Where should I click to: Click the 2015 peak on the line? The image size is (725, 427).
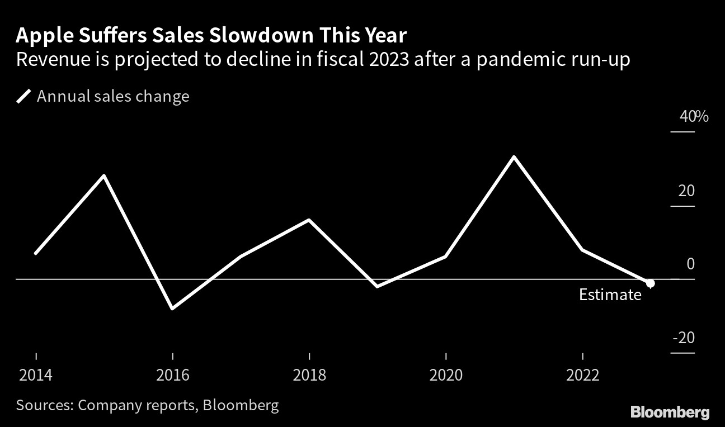pos(104,176)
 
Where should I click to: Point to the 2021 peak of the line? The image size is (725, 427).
pos(514,157)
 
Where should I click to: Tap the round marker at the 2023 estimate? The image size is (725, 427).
pos(650,283)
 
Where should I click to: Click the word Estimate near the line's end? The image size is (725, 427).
pos(610,295)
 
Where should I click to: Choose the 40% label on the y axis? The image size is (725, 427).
pos(694,117)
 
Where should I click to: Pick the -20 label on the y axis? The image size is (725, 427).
pos(683,338)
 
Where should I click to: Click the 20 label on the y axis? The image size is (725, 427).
pos(686,191)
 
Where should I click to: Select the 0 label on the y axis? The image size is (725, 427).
pos(690,264)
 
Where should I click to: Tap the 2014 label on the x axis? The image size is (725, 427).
pos(36,374)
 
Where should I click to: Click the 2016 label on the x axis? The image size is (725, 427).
pos(172,374)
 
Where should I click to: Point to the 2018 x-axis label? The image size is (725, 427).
pos(309,374)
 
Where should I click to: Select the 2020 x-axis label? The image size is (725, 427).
pos(446,374)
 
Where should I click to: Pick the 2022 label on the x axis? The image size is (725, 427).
pos(582,374)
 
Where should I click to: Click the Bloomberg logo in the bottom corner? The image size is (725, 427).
pos(670,413)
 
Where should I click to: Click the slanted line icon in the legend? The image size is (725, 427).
pos(23,97)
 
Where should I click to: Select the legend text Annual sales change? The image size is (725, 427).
pos(113,97)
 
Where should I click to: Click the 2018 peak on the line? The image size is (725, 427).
pos(309,220)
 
